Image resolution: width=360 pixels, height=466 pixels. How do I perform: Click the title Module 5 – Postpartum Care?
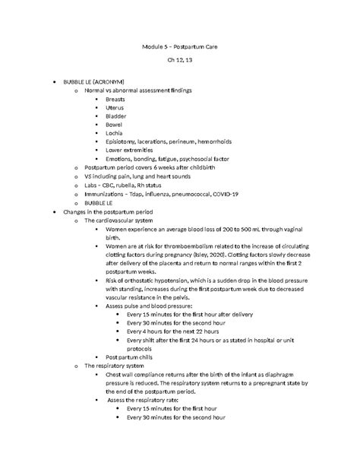pyautogui.click(x=179, y=46)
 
